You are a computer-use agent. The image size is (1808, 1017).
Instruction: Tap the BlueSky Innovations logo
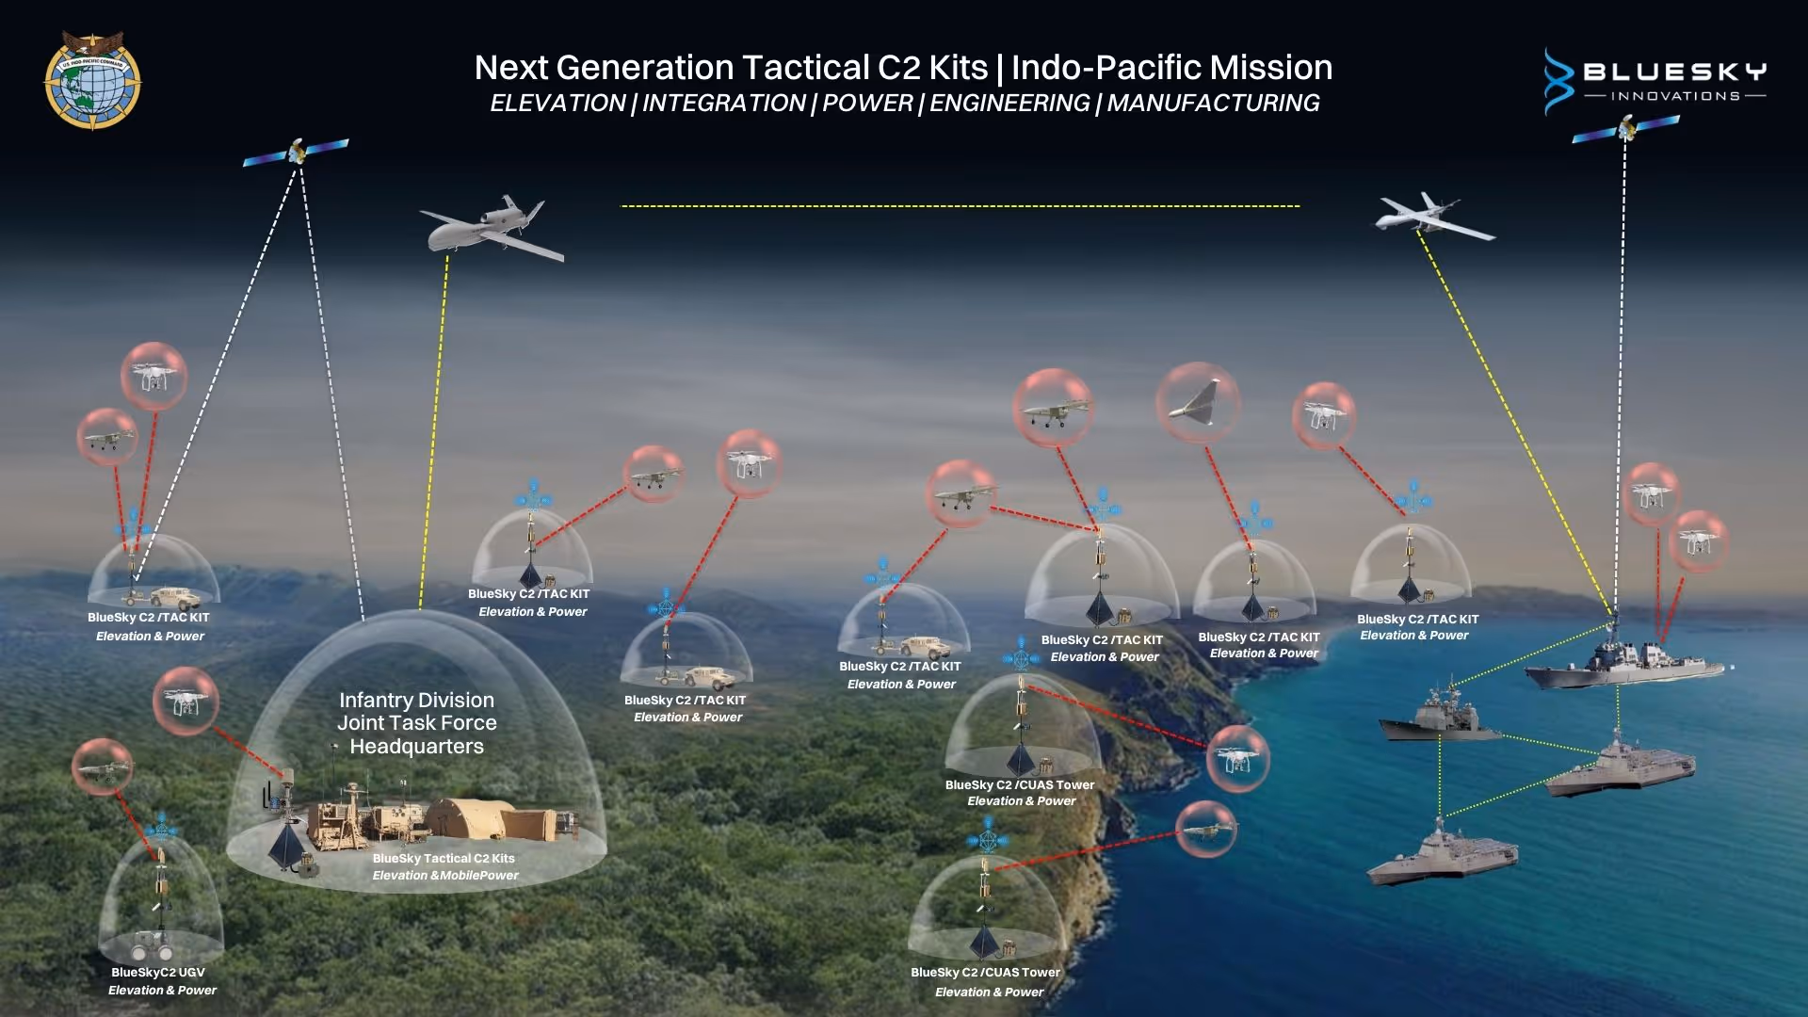point(1655,81)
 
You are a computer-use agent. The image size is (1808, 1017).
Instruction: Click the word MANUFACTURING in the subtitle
point(1213,103)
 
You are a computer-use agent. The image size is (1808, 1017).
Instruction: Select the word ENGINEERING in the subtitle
point(1009,103)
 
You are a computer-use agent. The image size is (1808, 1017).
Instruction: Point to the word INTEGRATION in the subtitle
point(723,103)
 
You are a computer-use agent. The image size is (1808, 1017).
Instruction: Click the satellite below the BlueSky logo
point(1626,128)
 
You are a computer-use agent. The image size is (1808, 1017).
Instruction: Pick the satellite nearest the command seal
point(296,151)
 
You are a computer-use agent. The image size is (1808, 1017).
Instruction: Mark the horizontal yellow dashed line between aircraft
point(960,206)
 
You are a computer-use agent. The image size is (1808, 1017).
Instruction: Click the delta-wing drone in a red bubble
point(1197,402)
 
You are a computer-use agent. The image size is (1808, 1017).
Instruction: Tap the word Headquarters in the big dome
point(416,747)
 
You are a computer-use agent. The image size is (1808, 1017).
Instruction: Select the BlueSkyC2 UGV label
point(158,973)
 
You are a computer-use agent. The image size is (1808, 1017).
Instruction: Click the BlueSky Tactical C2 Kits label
point(444,859)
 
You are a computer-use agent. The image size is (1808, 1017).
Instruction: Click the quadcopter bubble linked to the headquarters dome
point(186,702)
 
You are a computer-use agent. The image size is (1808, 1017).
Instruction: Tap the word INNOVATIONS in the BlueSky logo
point(1675,96)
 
